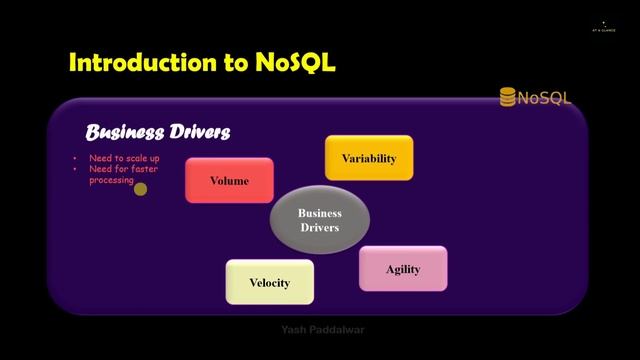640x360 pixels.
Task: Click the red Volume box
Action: click(x=229, y=181)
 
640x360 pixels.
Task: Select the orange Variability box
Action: click(x=369, y=158)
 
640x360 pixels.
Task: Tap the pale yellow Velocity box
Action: click(x=269, y=282)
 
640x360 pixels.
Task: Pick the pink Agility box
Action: click(x=403, y=269)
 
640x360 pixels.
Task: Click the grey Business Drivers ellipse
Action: click(x=320, y=220)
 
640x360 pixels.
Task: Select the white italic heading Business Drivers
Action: click(x=157, y=132)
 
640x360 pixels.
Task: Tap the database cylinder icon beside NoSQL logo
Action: click(x=508, y=97)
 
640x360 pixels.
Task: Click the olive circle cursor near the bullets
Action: click(x=141, y=189)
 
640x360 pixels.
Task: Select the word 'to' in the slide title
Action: click(x=231, y=63)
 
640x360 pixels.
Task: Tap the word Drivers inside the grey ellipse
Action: click(x=320, y=228)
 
